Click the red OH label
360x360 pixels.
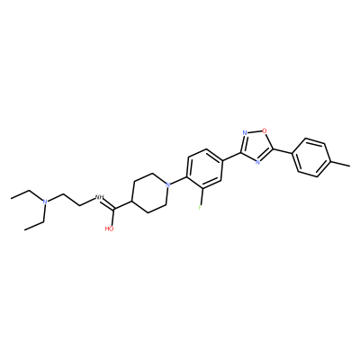click(110, 229)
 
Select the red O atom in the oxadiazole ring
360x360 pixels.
click(264, 130)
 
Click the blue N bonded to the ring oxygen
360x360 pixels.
click(245, 132)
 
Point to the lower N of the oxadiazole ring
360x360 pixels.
click(257, 162)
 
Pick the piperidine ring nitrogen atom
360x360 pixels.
click(168, 184)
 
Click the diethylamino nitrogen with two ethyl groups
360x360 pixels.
click(45, 202)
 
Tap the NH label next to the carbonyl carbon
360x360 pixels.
click(99, 197)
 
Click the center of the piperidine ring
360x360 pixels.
click(149, 193)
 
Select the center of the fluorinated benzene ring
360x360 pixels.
click(204, 168)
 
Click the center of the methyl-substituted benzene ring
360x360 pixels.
click(312, 157)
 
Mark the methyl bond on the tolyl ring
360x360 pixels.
click(341, 163)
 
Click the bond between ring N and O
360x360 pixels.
click(255, 131)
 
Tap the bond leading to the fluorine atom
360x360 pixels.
click(202, 195)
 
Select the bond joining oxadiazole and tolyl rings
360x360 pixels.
click(283, 151)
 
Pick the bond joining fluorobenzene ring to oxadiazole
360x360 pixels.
click(231, 156)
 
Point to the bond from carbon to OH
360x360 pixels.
click(113, 217)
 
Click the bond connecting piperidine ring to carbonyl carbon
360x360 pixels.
click(122, 204)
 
